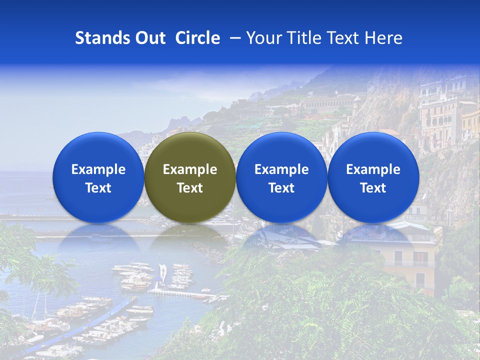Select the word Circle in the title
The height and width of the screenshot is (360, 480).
click(197, 38)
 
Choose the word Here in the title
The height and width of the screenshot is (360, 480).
click(383, 38)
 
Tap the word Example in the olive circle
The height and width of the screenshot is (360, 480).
click(190, 169)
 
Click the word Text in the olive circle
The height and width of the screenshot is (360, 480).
click(190, 188)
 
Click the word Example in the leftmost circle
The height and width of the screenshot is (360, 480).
click(98, 169)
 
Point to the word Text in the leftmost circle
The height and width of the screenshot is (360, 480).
click(98, 188)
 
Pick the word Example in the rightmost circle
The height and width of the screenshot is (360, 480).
click(373, 169)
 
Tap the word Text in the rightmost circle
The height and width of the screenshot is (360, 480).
click(373, 188)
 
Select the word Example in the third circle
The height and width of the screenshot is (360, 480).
click(281, 169)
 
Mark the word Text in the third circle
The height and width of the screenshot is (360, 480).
click(281, 188)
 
